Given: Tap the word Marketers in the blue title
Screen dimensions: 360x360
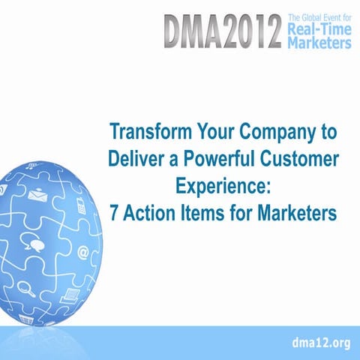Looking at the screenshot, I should [x=288, y=213].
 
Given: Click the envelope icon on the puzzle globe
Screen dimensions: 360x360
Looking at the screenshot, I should [x=36, y=195].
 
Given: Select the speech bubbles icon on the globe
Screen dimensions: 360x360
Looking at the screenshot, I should [x=35, y=242].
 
